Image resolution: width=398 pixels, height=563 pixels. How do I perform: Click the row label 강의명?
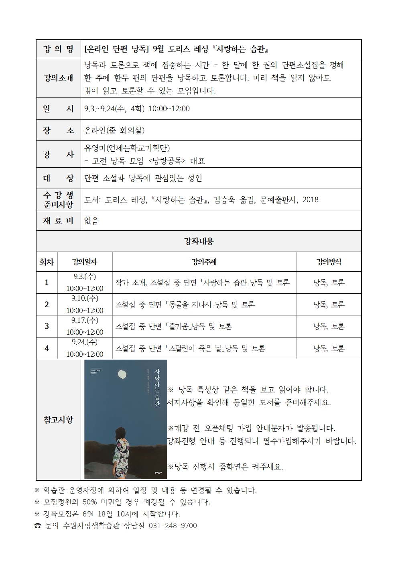[x=59, y=49]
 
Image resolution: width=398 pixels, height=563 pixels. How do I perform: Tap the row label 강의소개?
[x=59, y=78]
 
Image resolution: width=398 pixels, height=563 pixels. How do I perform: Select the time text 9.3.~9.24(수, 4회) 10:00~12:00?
[x=137, y=109]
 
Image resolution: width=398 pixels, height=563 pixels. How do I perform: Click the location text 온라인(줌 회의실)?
[x=114, y=130]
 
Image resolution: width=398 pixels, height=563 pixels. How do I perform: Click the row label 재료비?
[x=59, y=220]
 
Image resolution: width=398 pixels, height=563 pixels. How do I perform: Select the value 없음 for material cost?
[x=91, y=221]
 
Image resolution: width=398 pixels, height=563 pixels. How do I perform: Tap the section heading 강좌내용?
[x=199, y=241]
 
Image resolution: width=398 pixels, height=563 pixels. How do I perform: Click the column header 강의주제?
[x=204, y=262]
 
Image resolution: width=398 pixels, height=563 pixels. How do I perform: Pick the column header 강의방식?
[x=329, y=262]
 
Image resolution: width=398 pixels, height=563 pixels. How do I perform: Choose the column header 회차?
[x=47, y=262]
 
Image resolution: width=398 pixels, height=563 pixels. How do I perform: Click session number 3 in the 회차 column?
[x=47, y=326]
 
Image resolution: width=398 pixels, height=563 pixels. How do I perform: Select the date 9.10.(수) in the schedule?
[x=85, y=298]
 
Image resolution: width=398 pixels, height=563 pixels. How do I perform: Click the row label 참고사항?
[x=59, y=420]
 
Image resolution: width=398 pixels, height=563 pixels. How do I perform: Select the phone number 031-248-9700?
[x=173, y=526]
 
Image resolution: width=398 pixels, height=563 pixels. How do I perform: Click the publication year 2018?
[x=310, y=200]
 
